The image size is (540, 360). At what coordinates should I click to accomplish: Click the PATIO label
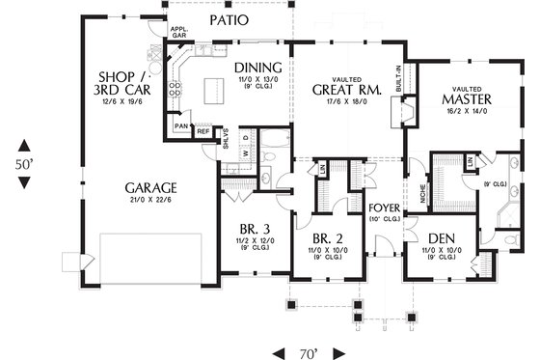click(228, 19)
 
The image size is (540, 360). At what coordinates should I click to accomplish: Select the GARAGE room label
click(148, 186)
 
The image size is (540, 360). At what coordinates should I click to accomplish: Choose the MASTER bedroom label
click(466, 99)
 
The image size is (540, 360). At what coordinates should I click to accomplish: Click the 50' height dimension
click(25, 164)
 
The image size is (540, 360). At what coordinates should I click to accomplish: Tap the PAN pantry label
click(181, 126)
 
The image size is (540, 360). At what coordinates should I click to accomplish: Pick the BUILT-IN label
click(398, 76)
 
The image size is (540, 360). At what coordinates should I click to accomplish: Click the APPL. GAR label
click(178, 33)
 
